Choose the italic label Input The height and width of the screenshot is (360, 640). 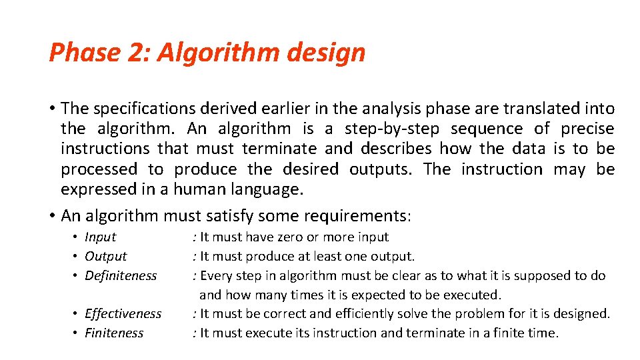click(100, 237)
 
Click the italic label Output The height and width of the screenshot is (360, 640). click(105, 256)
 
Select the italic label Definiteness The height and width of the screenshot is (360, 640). click(121, 275)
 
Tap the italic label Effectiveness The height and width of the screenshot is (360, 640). click(123, 313)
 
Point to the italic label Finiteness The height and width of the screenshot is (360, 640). click(113, 333)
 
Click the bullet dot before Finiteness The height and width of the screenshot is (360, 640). click(77, 333)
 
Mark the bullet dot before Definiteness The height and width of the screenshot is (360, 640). click(77, 275)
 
